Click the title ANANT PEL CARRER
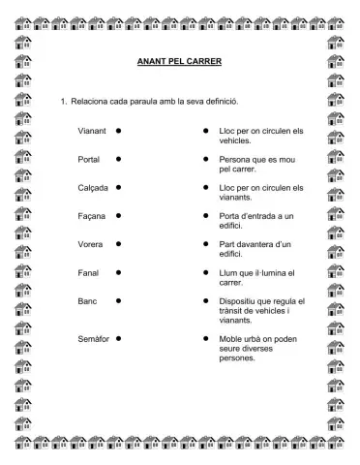[x=180, y=62]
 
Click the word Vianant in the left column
[x=92, y=130]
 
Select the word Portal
[x=89, y=158]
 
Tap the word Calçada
[x=93, y=187]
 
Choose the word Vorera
[x=90, y=244]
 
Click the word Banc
[x=87, y=301]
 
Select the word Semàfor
[x=93, y=339]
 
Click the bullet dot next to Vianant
[x=118, y=130]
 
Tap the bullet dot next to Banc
[x=118, y=301]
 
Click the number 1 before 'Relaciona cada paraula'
[x=63, y=102]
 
